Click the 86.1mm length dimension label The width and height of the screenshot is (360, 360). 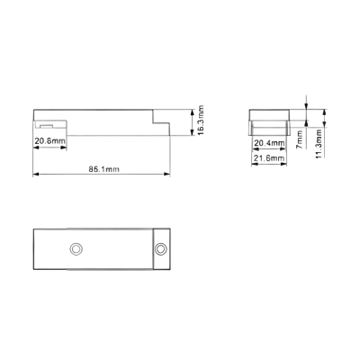pyautogui.click(x=103, y=169)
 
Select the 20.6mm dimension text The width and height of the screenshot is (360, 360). pyautogui.click(x=49, y=140)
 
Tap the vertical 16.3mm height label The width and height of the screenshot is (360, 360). pyautogui.click(x=201, y=120)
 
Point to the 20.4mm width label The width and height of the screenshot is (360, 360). pyautogui.click(x=269, y=143)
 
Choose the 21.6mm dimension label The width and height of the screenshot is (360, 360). pyautogui.click(x=269, y=158)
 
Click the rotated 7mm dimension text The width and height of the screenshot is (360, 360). pyautogui.click(x=300, y=139)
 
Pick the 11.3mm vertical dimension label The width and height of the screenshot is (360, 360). pyautogui.click(x=319, y=144)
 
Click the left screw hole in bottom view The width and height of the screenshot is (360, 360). pyautogui.click(x=76, y=249)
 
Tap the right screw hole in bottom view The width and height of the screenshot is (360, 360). pyautogui.click(x=161, y=249)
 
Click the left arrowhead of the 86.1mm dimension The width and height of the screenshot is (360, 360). pyautogui.click(x=36, y=174)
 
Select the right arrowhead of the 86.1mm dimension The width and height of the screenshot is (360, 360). pyautogui.click(x=166, y=174)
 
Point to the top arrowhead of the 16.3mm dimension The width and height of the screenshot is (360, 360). pyautogui.click(x=193, y=112)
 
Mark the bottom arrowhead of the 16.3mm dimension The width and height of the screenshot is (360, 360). pyautogui.click(x=193, y=132)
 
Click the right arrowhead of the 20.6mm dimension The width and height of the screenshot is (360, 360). pyautogui.click(x=63, y=148)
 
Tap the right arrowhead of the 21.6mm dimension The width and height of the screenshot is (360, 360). pyautogui.click(x=283, y=164)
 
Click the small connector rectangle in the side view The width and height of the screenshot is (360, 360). pyautogui.click(x=47, y=126)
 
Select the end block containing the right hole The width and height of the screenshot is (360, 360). pyautogui.click(x=162, y=249)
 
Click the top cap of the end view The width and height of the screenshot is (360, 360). pyautogui.click(x=269, y=115)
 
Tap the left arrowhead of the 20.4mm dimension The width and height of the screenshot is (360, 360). pyautogui.click(x=255, y=149)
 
